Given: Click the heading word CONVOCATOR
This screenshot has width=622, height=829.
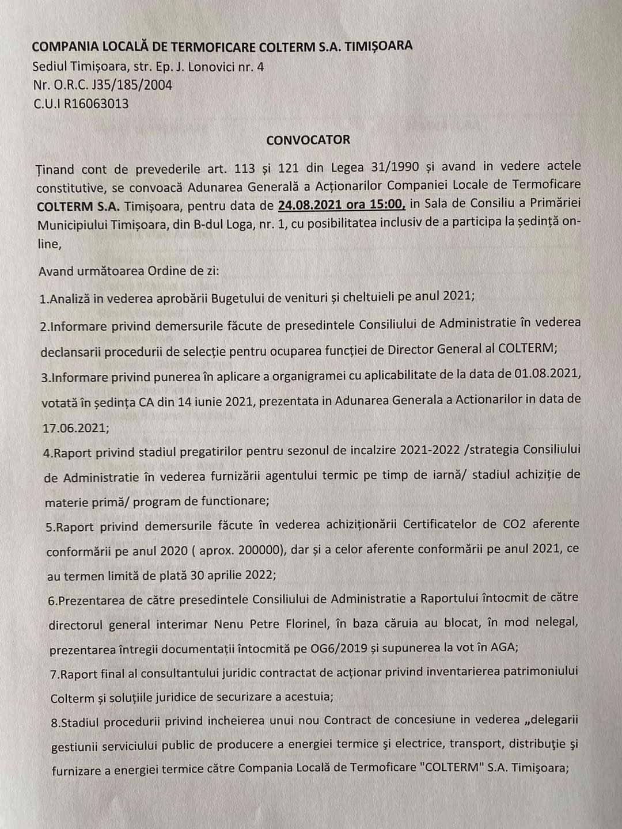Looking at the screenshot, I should [308, 140].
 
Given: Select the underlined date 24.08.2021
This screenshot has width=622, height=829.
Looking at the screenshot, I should [309, 204].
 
